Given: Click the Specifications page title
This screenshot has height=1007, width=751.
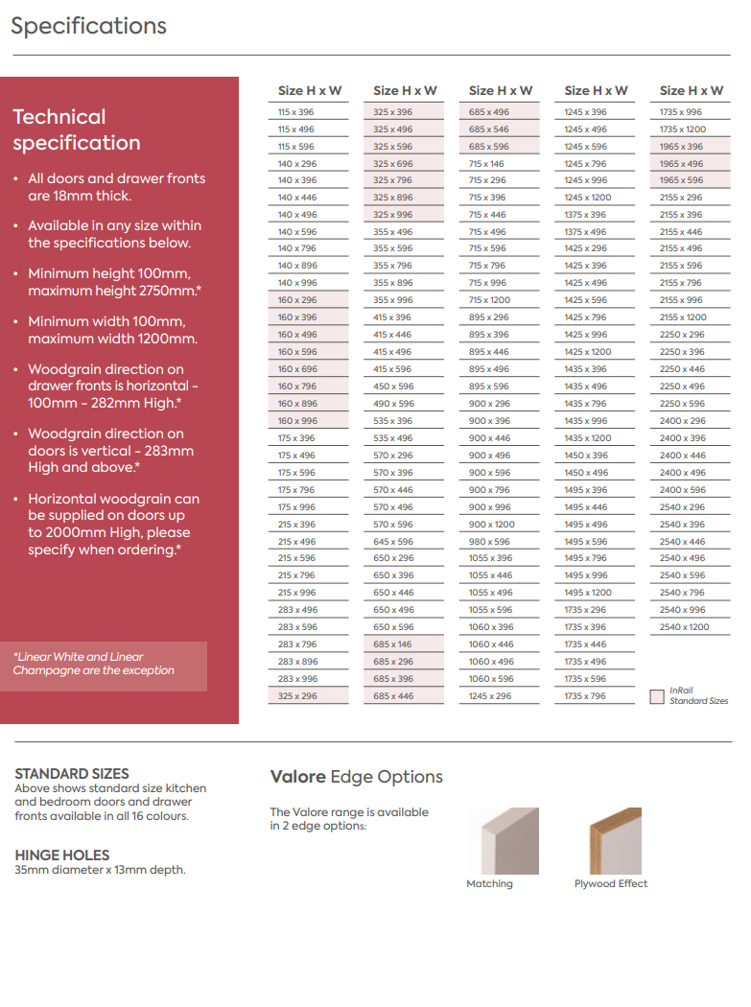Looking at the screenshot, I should (x=88, y=26).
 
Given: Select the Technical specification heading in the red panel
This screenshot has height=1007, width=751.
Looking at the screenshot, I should (x=77, y=130).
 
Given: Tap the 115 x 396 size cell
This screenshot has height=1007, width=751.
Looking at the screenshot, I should (x=296, y=112).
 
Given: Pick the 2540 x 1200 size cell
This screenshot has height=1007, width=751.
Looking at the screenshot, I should (x=684, y=627).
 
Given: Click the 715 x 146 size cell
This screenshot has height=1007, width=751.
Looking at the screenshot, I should (x=488, y=164).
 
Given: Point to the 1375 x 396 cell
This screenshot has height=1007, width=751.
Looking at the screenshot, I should (x=585, y=215).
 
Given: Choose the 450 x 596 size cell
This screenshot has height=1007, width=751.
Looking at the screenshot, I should (x=393, y=386).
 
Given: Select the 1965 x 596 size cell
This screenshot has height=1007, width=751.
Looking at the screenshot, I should (x=681, y=180).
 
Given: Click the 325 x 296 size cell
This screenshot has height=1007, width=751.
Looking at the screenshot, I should (x=297, y=696).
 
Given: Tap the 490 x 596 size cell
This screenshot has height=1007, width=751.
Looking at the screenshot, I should (x=393, y=404).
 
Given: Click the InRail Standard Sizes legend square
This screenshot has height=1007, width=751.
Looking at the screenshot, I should (x=656, y=696).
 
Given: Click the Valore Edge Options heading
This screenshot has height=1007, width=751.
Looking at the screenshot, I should (x=356, y=777).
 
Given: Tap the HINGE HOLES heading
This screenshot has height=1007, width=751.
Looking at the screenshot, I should (x=62, y=855).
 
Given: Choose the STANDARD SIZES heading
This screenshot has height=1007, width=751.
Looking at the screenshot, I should (x=72, y=773).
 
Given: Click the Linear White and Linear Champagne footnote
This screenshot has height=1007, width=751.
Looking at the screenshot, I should (x=94, y=664).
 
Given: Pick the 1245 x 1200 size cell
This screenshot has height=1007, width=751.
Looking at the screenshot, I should (x=587, y=198).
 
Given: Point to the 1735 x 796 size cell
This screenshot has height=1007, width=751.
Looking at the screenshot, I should (x=585, y=696).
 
